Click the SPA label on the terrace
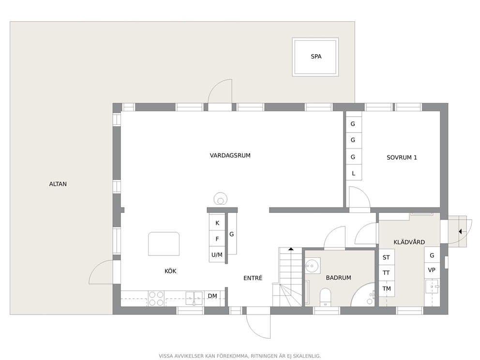click(316, 57)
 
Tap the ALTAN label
click(58, 184)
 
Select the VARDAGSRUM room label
click(230, 155)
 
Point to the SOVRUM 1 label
click(402, 158)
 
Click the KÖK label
click(170, 271)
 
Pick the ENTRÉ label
click(253, 278)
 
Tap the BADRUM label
click(338, 278)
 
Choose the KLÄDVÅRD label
click(409, 242)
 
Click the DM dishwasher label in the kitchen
click(212, 296)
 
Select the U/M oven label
click(217, 255)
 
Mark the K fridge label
click(217, 223)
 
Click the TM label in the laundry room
click(387, 289)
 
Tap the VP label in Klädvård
click(432, 270)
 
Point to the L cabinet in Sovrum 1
click(354, 174)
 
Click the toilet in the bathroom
click(325, 297)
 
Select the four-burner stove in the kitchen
click(156, 299)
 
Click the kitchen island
click(164, 244)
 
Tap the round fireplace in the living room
click(221, 199)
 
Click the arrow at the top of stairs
click(291, 249)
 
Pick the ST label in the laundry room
click(386, 257)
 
